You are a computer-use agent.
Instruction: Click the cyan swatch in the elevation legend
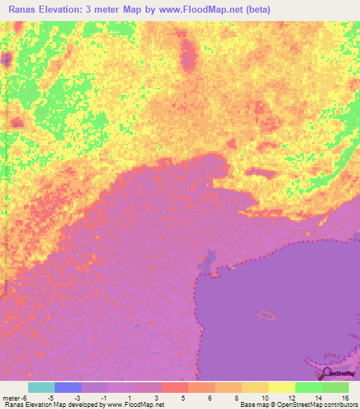[x=41, y=387]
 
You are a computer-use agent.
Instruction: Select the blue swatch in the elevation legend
[x=68, y=387]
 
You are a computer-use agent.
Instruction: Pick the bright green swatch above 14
[x=308, y=387]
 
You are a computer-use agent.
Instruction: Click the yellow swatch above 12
[x=281, y=387]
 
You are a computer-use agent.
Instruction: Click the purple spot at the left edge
[x=6, y=59]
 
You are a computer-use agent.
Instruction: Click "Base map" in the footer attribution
[x=254, y=405]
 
